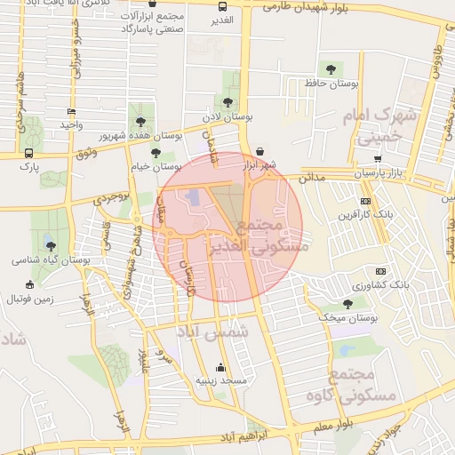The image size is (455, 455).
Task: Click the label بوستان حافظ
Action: click(331, 84)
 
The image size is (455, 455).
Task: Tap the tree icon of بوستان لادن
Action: click(229, 102)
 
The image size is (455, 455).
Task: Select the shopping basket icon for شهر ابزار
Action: click(259, 151)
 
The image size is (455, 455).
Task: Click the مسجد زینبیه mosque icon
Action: click(220, 368)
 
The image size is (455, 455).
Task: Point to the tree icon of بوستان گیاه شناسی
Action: click(51, 246)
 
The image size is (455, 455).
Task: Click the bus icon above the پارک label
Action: click(29, 152)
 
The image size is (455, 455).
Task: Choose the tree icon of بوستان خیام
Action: click(156, 153)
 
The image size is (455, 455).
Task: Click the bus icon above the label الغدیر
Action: click(220, 6)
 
